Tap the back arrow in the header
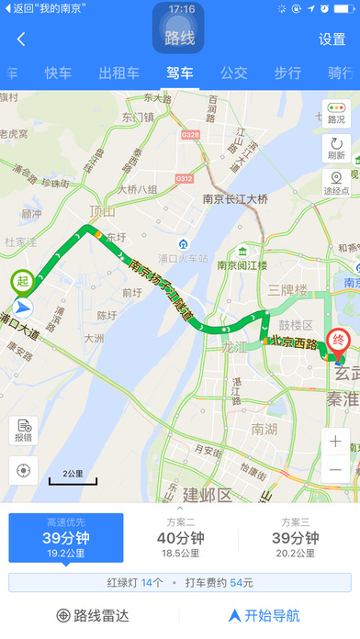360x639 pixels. (21, 39)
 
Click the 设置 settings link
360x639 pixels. (332, 39)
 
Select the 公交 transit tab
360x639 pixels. (234, 73)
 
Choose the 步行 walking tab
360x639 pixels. (287, 73)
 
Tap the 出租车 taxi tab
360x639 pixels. (118, 73)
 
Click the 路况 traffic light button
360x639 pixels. (336, 114)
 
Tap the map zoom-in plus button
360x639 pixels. (336, 442)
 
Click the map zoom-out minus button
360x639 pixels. (336, 470)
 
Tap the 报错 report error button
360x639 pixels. (23, 431)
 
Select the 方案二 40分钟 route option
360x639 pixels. (180, 538)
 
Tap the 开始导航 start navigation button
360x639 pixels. (264, 615)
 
